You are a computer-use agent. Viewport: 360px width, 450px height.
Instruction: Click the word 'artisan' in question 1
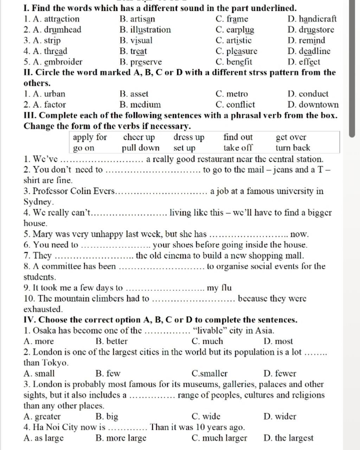(142, 19)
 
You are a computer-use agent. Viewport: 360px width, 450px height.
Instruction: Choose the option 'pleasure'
(242, 51)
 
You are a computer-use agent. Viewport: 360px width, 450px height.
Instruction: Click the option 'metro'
(237, 94)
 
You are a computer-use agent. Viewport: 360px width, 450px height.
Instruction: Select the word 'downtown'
(319, 105)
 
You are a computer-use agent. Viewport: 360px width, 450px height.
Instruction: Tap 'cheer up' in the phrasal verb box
(139, 137)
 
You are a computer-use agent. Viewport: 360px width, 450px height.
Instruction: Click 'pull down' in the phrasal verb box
(141, 148)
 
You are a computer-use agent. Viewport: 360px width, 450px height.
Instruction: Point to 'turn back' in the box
(293, 148)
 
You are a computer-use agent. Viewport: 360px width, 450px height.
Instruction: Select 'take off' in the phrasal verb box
(238, 148)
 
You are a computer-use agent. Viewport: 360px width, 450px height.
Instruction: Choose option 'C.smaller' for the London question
(210, 373)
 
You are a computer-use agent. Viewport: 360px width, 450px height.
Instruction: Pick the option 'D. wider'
(279, 417)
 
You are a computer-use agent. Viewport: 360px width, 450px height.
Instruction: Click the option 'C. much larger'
(219, 438)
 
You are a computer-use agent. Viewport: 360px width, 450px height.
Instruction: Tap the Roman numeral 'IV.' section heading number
(30, 320)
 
